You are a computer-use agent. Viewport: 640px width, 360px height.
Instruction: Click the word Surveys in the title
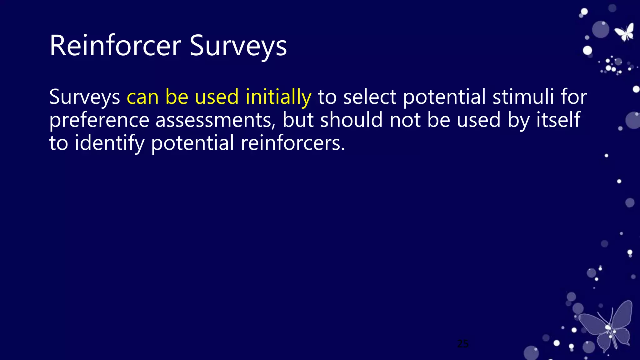click(x=238, y=46)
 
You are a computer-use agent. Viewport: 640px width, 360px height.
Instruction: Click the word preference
click(x=99, y=121)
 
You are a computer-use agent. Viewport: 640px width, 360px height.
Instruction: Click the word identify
click(x=109, y=143)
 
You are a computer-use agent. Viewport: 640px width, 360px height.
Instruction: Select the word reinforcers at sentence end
click(x=292, y=143)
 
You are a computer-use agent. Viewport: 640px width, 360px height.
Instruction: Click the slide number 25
click(x=463, y=344)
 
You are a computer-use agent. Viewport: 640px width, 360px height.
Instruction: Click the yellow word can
click(x=142, y=97)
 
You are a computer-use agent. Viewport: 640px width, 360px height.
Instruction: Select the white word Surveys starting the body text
click(x=85, y=97)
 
